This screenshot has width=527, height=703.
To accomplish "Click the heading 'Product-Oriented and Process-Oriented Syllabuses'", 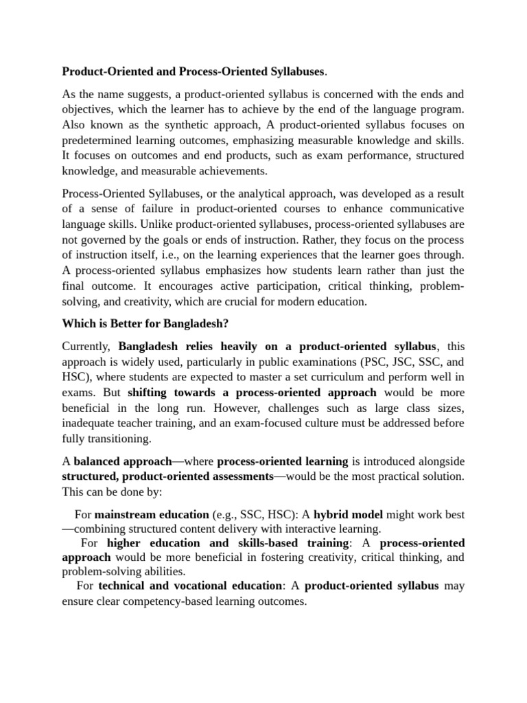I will [194, 71].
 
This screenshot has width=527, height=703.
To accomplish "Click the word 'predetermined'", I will [97, 141].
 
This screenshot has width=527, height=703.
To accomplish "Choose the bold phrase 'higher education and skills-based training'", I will [228, 543].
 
